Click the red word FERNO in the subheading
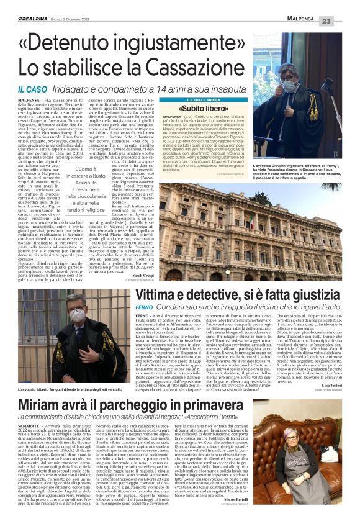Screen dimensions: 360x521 pos(144,307)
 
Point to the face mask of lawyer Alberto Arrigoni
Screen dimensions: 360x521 pos(78,317)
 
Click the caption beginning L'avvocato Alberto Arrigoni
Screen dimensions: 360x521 pos(67,389)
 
